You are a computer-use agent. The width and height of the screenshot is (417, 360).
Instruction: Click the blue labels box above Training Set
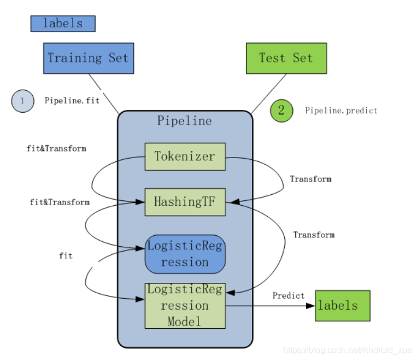coord(63,24)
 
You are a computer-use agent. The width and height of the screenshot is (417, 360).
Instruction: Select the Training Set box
coord(88,58)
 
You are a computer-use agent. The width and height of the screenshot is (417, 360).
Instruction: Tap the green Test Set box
coord(286,58)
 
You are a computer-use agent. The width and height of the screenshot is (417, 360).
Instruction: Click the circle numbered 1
coord(22,101)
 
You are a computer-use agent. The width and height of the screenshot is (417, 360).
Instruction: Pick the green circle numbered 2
coord(281,110)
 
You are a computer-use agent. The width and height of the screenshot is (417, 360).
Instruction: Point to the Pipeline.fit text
coord(72,101)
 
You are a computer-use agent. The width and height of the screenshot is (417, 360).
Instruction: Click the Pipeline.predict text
coord(341,111)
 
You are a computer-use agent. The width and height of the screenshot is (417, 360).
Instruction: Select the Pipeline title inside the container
coord(184,121)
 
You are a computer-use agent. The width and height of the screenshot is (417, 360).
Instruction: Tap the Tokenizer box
coord(185,156)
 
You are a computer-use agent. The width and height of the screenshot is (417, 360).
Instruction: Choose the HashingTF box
coord(185,201)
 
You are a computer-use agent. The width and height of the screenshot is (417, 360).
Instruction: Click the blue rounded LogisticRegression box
coord(185,254)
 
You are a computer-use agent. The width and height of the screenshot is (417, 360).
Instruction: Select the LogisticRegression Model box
coord(185,305)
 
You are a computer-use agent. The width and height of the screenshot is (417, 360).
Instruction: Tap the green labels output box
coord(343,305)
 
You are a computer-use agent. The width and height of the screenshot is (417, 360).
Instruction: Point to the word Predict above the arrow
coord(289,295)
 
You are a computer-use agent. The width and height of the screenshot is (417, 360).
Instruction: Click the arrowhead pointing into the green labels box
coord(312,305)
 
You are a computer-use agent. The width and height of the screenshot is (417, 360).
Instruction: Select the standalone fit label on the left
coord(66,256)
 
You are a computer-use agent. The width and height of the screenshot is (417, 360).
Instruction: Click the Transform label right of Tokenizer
coord(310,179)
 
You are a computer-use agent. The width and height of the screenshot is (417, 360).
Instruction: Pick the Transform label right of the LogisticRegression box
coord(314,235)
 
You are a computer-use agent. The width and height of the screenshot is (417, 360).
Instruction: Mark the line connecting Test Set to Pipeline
coord(269,94)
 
